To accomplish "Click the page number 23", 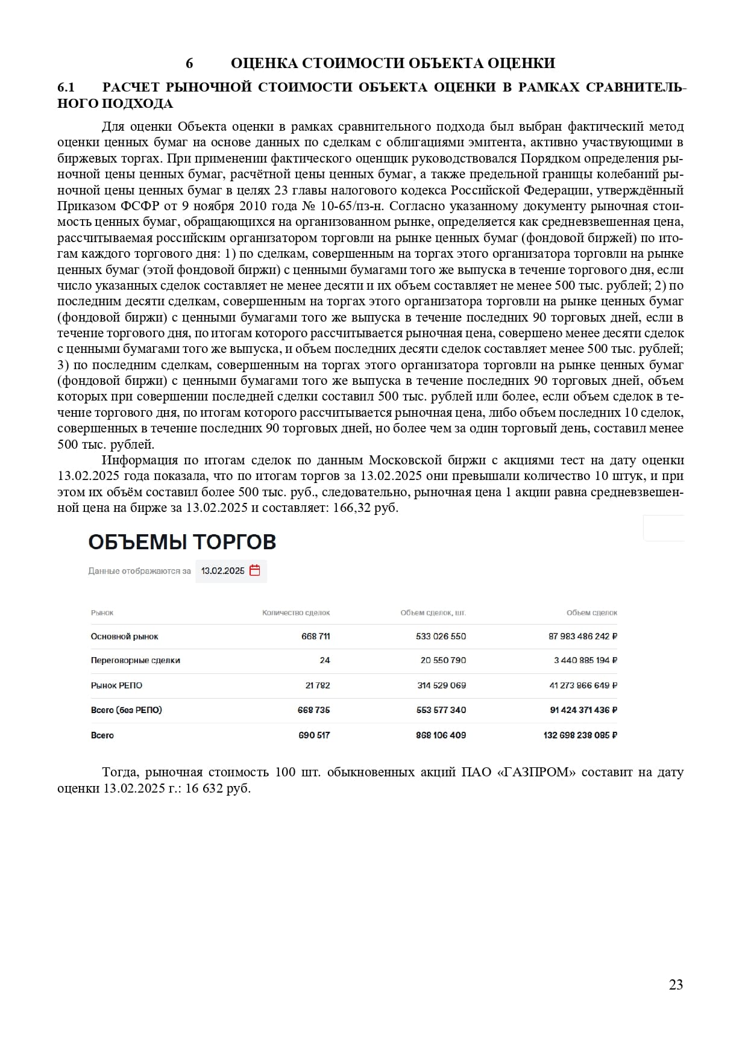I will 676,985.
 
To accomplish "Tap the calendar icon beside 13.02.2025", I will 255,570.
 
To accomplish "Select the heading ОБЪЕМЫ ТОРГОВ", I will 182,542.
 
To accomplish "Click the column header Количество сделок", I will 296,613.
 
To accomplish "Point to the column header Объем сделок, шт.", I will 433,613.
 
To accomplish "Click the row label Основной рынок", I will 124,636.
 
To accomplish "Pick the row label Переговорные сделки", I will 135,660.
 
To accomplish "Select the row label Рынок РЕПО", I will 116,685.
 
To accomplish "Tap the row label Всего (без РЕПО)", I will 126,710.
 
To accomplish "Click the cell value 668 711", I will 315,636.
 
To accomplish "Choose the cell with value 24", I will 325,660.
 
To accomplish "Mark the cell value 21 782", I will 318,685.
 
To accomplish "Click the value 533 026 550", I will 441,636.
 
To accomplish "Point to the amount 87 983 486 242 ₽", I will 583,636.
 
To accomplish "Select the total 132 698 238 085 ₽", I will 580,735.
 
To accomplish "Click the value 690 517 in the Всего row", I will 314,735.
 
